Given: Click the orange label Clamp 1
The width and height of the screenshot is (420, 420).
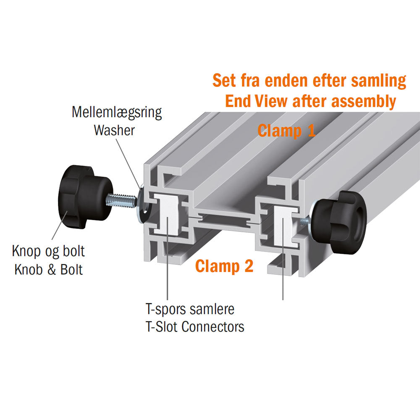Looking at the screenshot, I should [286, 131].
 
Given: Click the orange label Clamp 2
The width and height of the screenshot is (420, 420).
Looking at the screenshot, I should [225, 265].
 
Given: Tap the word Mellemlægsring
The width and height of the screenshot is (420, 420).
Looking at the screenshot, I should [117, 113].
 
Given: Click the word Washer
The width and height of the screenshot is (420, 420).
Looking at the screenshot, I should [114, 130].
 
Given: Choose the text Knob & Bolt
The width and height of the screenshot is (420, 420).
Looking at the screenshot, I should [48, 269].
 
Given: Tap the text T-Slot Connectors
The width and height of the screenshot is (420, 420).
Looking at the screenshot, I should [195, 326].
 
